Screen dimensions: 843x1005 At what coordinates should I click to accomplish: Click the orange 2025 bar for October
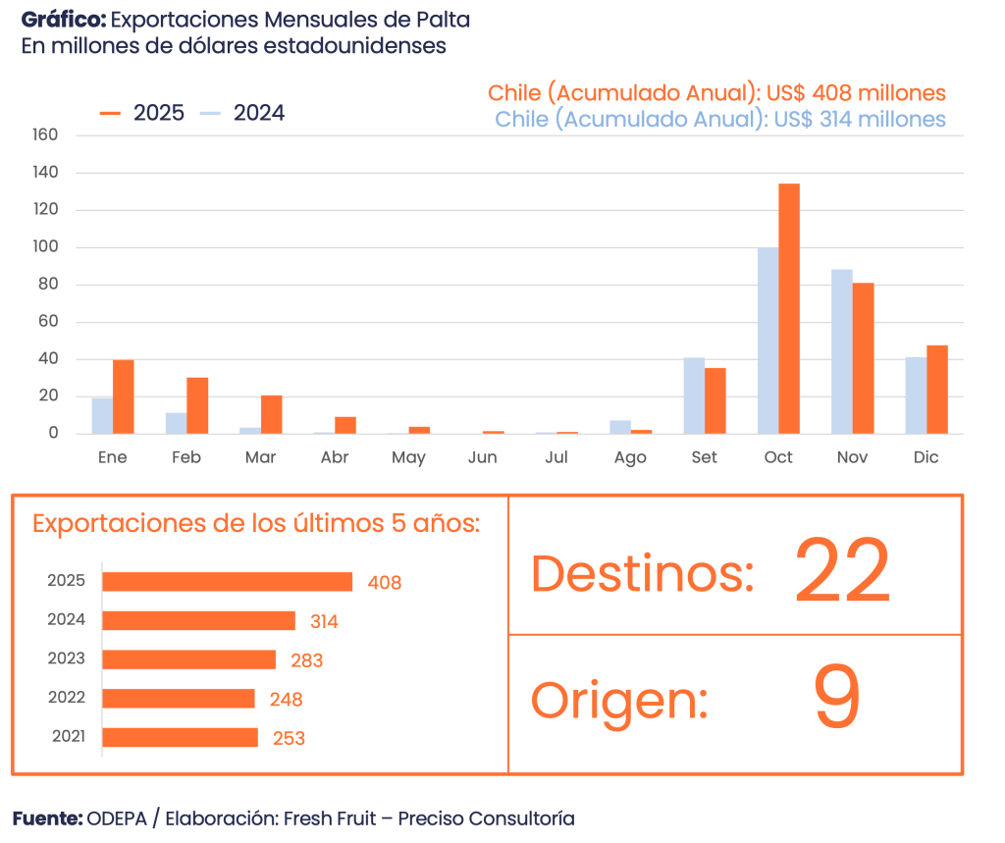(x=789, y=308)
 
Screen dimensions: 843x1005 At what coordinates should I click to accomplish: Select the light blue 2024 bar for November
(x=842, y=350)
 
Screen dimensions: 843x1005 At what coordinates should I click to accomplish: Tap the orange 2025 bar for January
(x=124, y=396)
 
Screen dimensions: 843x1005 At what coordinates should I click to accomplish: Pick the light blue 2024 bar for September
(x=694, y=395)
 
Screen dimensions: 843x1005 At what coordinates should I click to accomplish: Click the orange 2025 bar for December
(x=937, y=389)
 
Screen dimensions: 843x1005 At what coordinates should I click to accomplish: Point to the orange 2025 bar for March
(x=272, y=413)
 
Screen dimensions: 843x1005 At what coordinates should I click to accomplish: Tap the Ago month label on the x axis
(x=630, y=457)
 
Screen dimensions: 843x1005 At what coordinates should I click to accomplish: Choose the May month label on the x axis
(x=408, y=457)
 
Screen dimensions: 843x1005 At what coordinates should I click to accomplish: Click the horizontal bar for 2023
(x=188, y=659)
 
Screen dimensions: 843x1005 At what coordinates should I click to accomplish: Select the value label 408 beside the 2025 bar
(x=385, y=583)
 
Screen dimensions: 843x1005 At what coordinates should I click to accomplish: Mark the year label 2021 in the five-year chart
(x=67, y=736)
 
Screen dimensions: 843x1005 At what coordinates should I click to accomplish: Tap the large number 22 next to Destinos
(x=841, y=571)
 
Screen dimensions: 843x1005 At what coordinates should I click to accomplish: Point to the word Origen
(x=619, y=701)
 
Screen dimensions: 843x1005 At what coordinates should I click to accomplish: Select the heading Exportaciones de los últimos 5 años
(x=256, y=523)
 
